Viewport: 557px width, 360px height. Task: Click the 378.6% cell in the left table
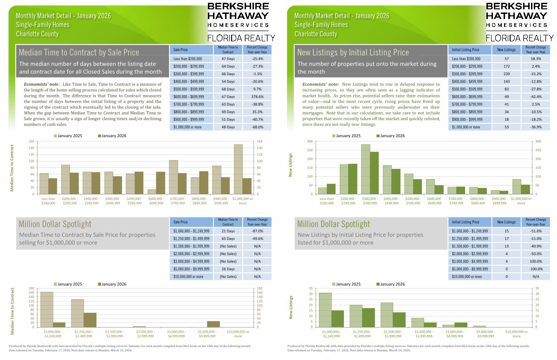click(x=255, y=96)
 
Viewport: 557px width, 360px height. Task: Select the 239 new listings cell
click(x=506, y=76)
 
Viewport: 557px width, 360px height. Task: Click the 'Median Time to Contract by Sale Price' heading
click(x=79, y=52)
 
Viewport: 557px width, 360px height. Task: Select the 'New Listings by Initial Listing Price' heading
click(x=353, y=52)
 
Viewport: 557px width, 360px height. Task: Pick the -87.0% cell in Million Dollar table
click(x=255, y=231)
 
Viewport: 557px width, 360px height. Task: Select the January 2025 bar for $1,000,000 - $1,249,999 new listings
click(x=325, y=310)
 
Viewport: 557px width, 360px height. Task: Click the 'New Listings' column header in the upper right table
click(x=506, y=49)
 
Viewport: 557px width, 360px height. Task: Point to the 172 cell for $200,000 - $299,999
click(x=506, y=68)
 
